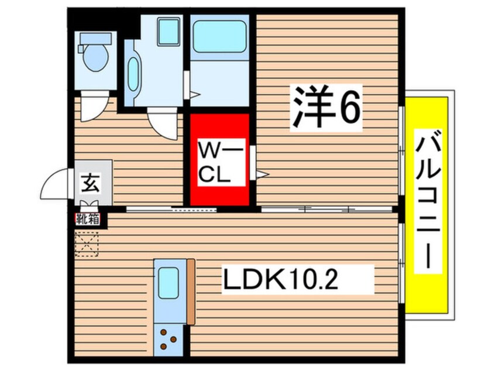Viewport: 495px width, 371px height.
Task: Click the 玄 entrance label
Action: click(x=90, y=184)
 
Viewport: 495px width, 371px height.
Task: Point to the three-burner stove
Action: click(x=170, y=339)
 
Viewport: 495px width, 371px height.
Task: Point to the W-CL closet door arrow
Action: click(x=261, y=174)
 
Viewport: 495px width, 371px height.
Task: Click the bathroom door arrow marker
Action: click(x=194, y=94)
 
